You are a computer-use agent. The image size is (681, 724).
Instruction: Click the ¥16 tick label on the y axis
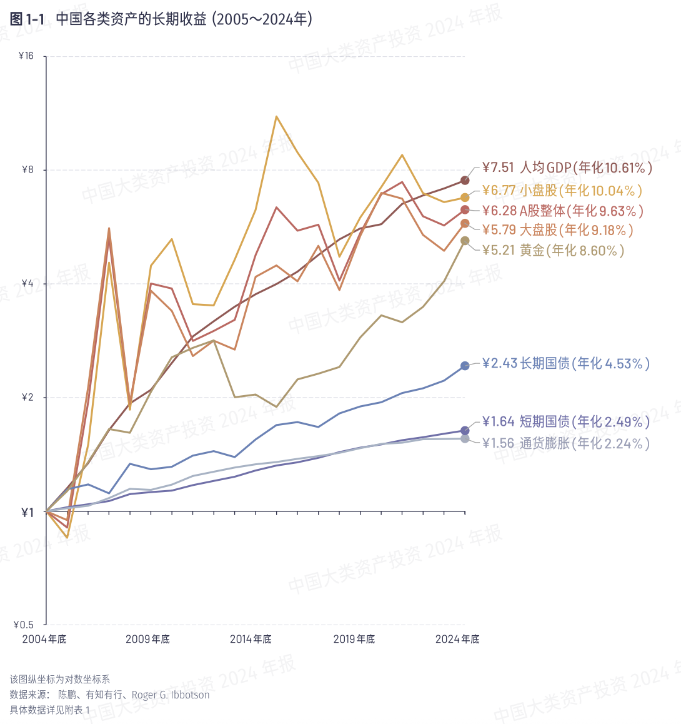coord(26,56)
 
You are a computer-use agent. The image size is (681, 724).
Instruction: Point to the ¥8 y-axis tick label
coord(28,170)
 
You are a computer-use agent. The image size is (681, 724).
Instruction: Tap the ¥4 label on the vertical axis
coord(28,284)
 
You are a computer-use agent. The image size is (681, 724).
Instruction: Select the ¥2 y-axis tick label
coord(28,398)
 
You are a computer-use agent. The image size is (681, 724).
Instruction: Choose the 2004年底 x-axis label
coord(44,639)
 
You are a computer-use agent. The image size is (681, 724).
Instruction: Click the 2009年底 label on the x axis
coord(147,639)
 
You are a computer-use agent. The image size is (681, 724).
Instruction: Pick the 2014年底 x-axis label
coord(251,639)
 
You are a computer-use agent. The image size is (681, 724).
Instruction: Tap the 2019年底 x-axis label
coord(354,639)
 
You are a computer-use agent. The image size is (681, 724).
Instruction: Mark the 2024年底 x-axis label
coord(457,639)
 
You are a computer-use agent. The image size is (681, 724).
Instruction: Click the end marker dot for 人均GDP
coord(465,181)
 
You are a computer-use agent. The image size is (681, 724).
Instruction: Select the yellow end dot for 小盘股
coord(465,198)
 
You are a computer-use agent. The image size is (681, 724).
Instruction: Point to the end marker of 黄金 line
coord(465,241)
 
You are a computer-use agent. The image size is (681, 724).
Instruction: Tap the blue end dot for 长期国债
coord(465,366)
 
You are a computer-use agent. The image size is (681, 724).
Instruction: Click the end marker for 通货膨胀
coord(465,439)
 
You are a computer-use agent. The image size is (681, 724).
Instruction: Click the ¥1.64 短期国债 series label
coord(565,422)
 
